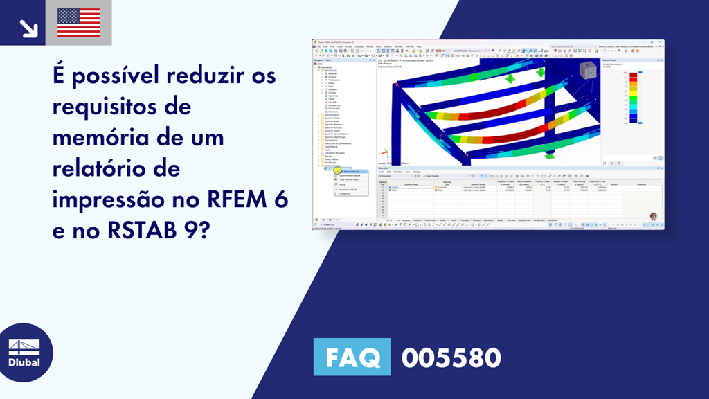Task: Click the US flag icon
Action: (78, 22)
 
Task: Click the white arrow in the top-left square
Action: (28, 28)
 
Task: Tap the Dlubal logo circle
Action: (24, 352)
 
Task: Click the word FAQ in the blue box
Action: (352, 357)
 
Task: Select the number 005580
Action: (451, 357)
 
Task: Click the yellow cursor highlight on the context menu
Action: (338, 170)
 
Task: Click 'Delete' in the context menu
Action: (343, 184)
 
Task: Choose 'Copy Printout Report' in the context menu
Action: (350, 179)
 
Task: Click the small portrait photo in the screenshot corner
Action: (653, 216)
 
